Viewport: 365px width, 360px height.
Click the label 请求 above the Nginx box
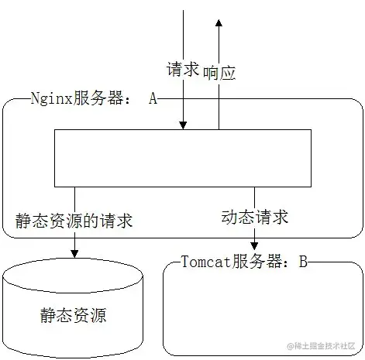(x=183, y=69)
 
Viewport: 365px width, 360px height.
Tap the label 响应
(x=219, y=73)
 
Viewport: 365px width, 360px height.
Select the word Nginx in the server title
(x=51, y=98)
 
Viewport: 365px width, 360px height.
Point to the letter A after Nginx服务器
(x=153, y=98)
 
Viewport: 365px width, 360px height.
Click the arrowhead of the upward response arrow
(x=219, y=22)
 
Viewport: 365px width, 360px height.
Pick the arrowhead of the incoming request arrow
(x=183, y=125)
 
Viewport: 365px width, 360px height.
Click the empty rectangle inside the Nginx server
(x=183, y=158)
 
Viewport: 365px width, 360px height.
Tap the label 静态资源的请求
(x=74, y=221)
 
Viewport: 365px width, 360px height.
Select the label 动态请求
(x=254, y=217)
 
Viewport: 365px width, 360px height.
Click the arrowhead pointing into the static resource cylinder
(x=74, y=254)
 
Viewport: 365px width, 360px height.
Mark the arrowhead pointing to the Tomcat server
(x=254, y=246)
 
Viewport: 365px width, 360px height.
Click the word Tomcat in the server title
(x=205, y=261)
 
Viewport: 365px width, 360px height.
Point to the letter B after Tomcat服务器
(x=303, y=261)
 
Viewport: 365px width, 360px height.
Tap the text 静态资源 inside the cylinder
(x=73, y=315)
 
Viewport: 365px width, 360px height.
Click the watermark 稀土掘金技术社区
(x=325, y=346)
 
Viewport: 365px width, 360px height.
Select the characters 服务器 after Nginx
(x=98, y=98)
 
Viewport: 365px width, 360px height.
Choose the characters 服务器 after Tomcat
(x=257, y=261)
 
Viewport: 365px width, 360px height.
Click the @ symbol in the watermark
(x=291, y=346)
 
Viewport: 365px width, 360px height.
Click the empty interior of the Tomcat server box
(x=263, y=310)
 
